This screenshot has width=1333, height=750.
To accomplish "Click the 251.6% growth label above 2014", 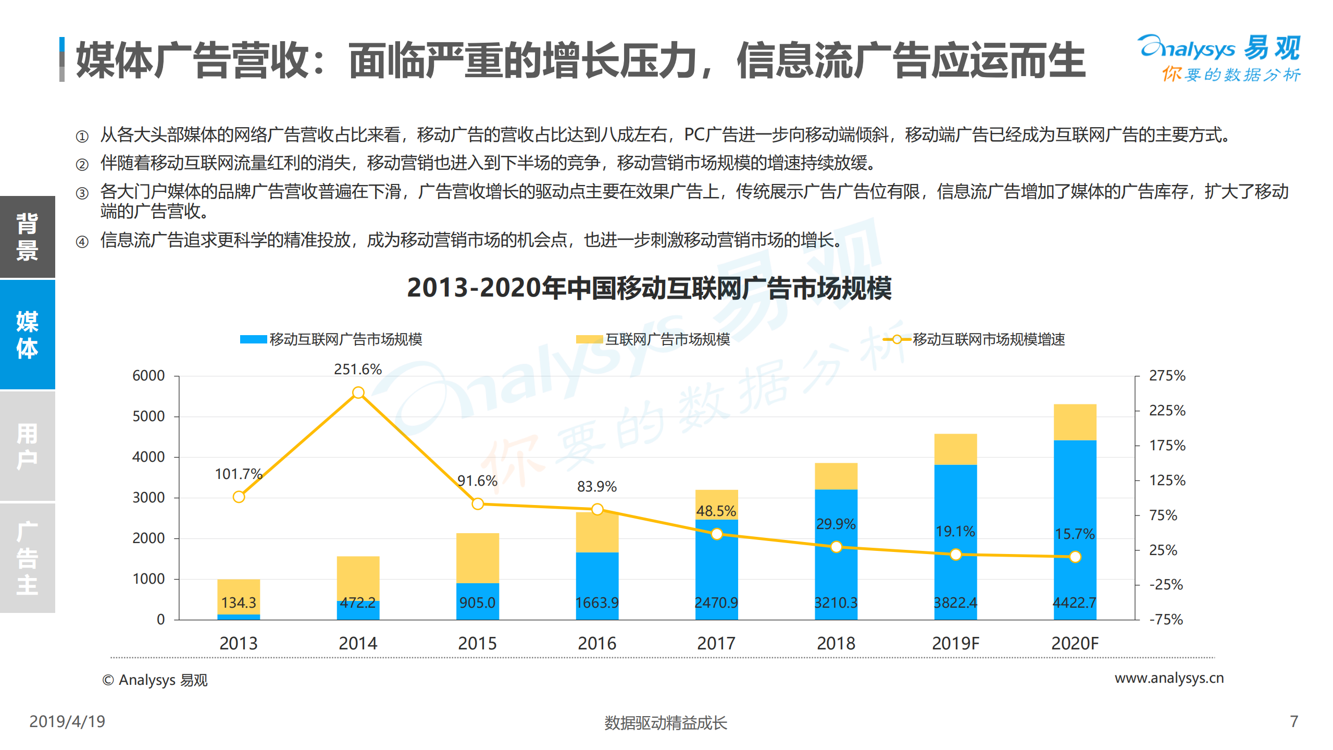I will point(357,369).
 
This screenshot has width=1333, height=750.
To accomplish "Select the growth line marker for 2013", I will point(239,497).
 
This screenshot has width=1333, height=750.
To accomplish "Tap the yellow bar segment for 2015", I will point(477,558).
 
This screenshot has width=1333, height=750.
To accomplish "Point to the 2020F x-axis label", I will point(1074,643).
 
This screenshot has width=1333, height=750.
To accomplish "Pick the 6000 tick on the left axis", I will point(148,375).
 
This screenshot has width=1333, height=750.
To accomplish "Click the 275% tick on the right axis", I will point(1167,375).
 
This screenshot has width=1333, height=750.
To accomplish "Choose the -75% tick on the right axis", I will point(1166,619).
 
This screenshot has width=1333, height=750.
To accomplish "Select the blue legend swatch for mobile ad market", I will point(253,339).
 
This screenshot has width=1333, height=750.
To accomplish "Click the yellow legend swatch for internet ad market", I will point(589,339).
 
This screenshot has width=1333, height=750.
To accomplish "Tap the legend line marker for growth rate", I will point(896,339).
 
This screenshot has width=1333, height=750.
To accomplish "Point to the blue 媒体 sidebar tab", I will point(27,335).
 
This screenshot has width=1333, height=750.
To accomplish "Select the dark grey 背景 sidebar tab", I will point(27,237).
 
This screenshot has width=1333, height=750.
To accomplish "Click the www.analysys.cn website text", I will point(1169,678).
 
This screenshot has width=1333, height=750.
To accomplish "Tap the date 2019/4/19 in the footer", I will point(67,721).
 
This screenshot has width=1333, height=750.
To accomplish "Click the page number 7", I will point(1294,721).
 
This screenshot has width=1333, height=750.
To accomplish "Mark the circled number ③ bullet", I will point(82,193).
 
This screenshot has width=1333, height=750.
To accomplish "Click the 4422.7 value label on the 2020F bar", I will point(1074,603).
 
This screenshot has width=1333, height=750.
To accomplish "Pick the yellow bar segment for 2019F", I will point(955,449).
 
